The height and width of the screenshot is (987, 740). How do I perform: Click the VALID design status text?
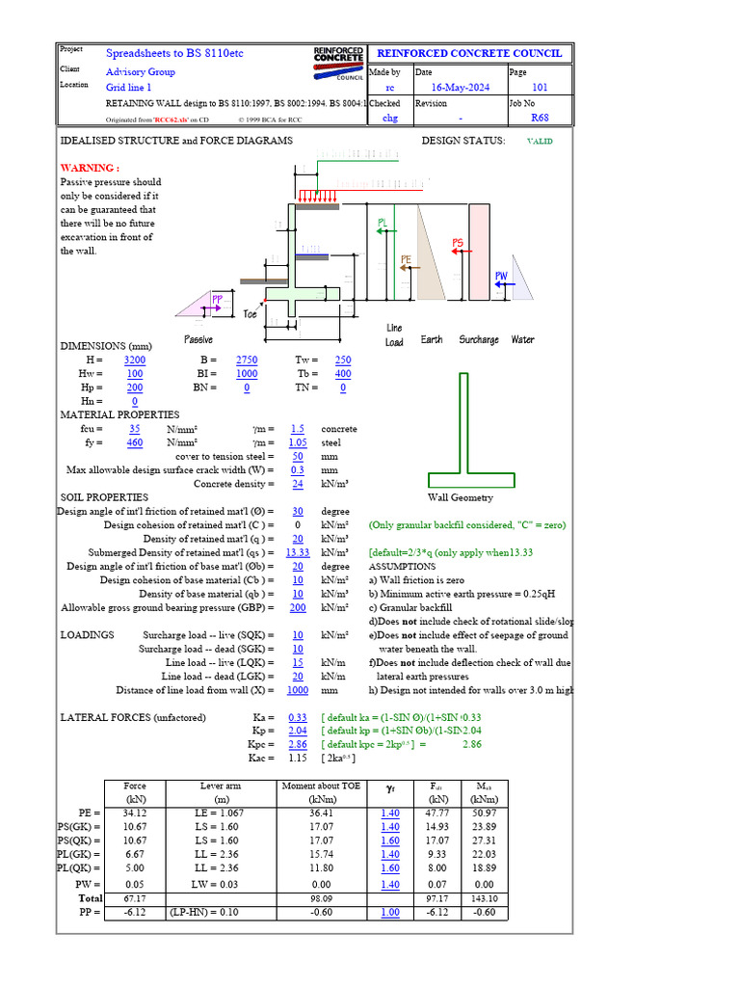tap(539, 141)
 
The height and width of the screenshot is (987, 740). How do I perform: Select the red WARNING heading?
tap(90, 168)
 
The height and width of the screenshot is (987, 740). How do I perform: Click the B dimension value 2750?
tap(246, 360)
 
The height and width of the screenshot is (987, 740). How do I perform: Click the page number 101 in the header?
tap(540, 88)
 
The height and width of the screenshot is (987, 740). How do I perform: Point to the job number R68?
tap(540, 119)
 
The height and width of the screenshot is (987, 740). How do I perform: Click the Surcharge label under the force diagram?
tap(478, 339)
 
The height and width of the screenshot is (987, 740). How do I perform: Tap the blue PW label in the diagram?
tap(501, 277)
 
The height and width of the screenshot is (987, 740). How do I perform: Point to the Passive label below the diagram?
tap(198, 340)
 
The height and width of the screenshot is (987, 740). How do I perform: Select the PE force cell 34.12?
tap(135, 814)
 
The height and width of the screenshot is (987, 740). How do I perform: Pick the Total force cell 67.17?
tap(135, 897)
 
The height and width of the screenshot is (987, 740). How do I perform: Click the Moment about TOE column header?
tap(321, 787)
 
